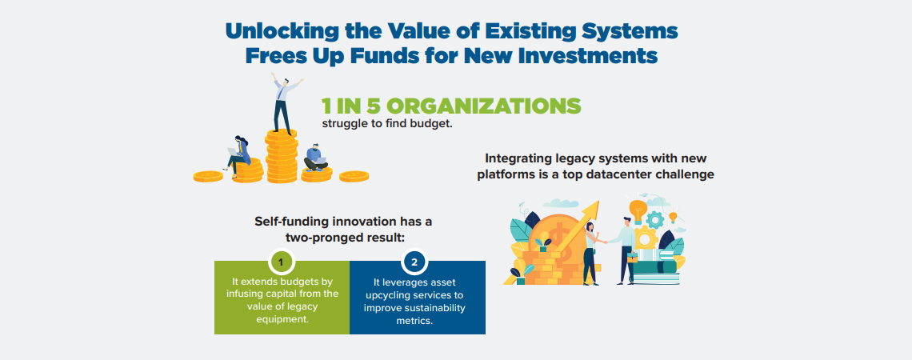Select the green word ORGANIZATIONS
(x=483, y=106)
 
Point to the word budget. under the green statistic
(x=431, y=124)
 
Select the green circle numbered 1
(x=282, y=262)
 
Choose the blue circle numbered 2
(x=414, y=262)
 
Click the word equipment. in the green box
(x=282, y=319)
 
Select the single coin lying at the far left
(x=208, y=176)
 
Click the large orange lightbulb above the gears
(x=638, y=210)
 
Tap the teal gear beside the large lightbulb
(x=655, y=219)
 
